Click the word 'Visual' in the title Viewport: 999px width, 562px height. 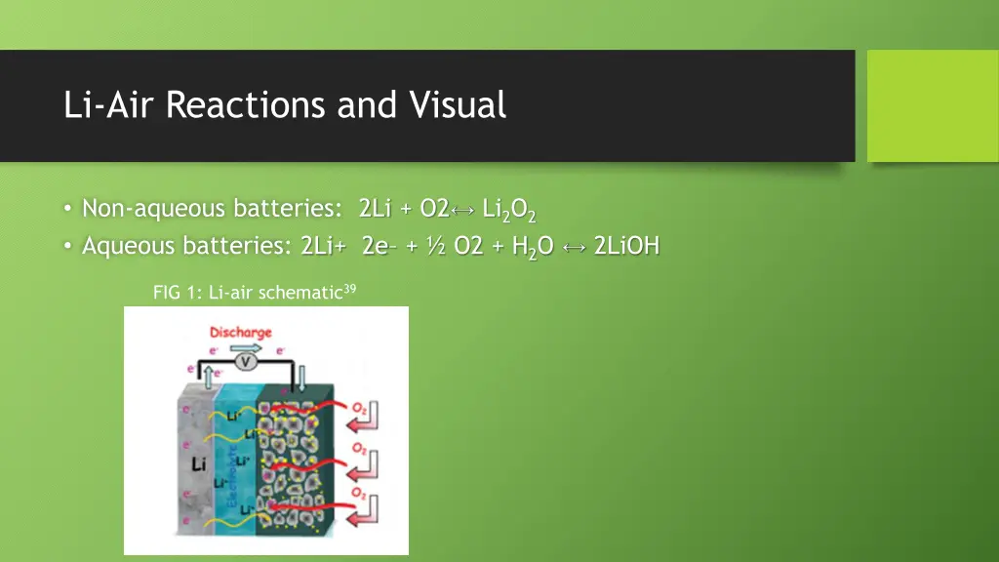pyautogui.click(x=458, y=104)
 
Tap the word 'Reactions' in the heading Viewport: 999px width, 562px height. pyautogui.click(x=247, y=104)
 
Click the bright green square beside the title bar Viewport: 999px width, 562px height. pyautogui.click(x=932, y=105)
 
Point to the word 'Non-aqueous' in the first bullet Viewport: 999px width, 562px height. pyautogui.click(x=142, y=208)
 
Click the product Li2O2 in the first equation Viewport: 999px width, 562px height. pyautogui.click(x=509, y=210)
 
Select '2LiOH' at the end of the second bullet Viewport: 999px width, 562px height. pyautogui.click(x=625, y=246)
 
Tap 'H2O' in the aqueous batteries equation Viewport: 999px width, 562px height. pyautogui.click(x=532, y=247)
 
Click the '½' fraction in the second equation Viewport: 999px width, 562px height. pyautogui.click(x=436, y=246)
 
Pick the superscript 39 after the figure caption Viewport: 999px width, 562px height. pyautogui.click(x=349, y=287)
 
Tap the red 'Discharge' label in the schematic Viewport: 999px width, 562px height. pyautogui.click(x=241, y=334)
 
